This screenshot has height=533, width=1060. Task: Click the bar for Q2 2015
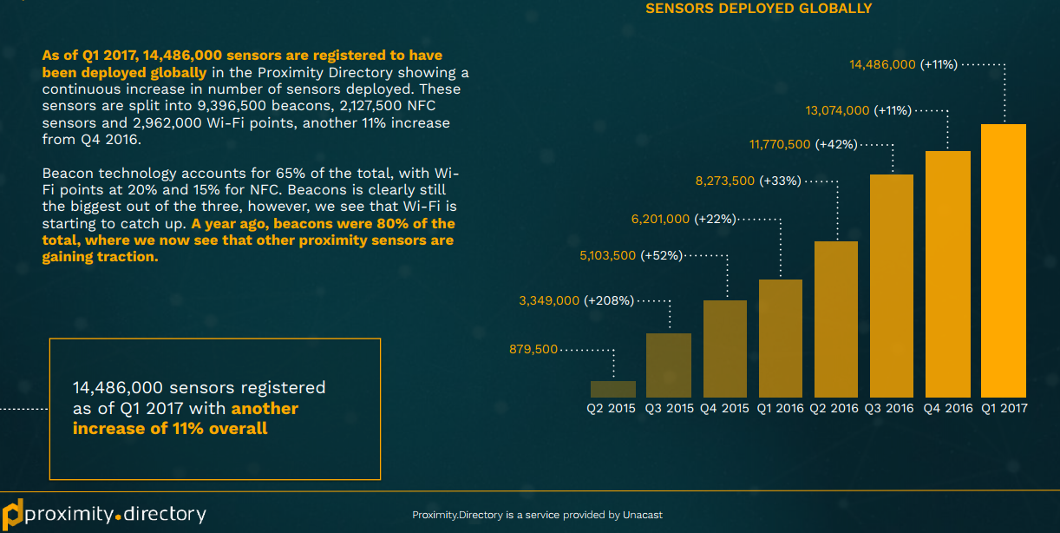[613, 389]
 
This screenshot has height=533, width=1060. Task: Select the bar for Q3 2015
[669, 365]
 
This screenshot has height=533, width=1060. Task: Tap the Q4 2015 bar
[724, 348]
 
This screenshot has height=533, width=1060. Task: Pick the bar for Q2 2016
[835, 319]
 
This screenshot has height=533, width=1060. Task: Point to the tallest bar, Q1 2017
[1004, 260]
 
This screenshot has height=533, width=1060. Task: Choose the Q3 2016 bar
[891, 286]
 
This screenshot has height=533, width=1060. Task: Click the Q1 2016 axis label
[780, 408]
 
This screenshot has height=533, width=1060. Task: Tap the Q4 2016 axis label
[946, 408]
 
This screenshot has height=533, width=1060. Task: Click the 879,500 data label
[533, 349]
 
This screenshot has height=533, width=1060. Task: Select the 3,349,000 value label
[549, 301]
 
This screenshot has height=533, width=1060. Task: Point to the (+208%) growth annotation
[609, 301]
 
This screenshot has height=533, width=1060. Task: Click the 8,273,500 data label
[725, 181]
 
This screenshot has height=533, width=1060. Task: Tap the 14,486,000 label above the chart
[883, 64]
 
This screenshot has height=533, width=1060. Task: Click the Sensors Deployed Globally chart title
[758, 9]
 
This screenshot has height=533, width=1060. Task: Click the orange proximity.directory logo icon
[12, 513]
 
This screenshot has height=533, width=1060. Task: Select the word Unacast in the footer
[642, 515]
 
